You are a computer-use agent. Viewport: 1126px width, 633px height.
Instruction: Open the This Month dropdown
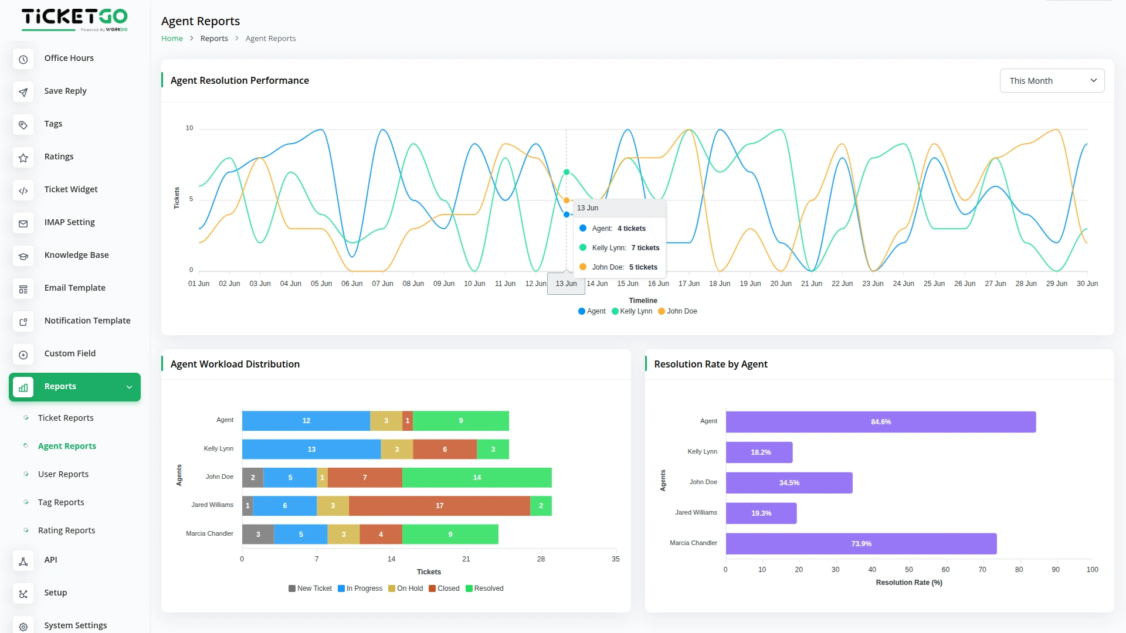1052,81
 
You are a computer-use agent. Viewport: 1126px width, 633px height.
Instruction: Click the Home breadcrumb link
172,39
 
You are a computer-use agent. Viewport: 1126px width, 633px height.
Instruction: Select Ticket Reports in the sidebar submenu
66,418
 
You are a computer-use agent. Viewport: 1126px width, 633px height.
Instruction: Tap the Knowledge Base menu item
76,255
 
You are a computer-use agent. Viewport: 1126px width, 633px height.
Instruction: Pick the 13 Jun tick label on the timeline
566,284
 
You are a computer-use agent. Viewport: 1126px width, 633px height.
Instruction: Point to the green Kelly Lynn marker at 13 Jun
567,172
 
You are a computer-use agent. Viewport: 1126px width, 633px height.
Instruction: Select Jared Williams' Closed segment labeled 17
439,506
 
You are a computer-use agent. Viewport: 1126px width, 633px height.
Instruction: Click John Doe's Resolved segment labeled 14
477,478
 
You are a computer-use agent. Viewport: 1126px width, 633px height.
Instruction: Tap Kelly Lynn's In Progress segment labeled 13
311,450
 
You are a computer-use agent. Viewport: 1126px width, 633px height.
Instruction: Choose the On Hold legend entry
405,588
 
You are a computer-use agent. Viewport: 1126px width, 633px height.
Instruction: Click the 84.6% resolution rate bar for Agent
880,422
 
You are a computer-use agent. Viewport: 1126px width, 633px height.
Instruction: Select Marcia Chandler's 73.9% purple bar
861,544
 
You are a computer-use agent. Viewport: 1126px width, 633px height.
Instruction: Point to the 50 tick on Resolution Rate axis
908,570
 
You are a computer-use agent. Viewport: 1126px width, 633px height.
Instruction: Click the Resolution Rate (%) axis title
908,583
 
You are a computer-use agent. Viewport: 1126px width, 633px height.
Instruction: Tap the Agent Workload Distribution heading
235,364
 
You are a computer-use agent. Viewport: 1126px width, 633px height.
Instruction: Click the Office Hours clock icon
23,59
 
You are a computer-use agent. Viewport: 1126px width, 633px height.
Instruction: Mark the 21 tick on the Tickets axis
466,559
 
